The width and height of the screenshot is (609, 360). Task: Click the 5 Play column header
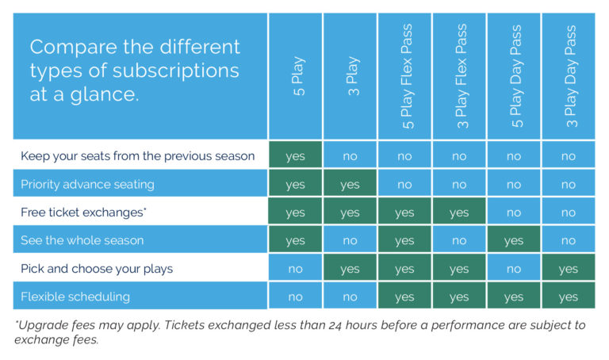click(299, 76)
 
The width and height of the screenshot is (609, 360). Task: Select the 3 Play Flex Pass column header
click(462, 76)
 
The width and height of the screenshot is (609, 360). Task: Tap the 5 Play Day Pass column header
click(517, 76)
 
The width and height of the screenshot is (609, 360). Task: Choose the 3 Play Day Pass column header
click(571, 76)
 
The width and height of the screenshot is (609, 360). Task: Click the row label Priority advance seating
click(87, 184)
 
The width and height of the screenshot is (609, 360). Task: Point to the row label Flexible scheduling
click(75, 297)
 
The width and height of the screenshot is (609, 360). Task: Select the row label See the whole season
click(82, 240)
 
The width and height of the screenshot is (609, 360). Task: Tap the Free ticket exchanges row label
click(83, 212)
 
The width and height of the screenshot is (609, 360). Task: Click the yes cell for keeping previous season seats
click(295, 155)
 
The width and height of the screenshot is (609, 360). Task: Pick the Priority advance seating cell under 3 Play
click(350, 183)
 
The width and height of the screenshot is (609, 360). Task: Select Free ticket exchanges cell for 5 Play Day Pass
click(514, 211)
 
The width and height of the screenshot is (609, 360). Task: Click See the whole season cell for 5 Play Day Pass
click(514, 239)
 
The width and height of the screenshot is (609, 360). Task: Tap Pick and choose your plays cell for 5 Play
click(295, 267)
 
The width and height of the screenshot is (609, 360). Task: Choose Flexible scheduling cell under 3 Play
click(350, 296)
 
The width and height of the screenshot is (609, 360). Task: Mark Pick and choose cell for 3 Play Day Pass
click(569, 267)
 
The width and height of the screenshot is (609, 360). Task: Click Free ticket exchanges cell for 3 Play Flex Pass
click(459, 211)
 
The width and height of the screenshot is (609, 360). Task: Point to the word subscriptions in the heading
click(175, 71)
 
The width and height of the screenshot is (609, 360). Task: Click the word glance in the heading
click(104, 94)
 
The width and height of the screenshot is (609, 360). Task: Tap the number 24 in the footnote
click(335, 325)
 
